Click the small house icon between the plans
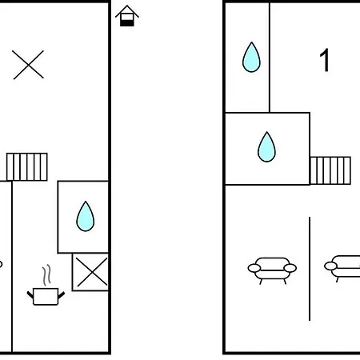click(127, 16)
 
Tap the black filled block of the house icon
click(127, 23)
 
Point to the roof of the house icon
click(127, 11)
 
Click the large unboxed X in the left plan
click(28, 65)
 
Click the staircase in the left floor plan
click(27, 167)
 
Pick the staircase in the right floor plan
click(330, 170)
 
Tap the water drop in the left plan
click(86, 216)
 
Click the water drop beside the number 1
click(251, 57)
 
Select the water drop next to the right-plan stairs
click(266, 146)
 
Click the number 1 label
click(325, 60)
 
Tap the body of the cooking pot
click(46, 296)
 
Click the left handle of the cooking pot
click(30, 295)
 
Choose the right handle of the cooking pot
click(62, 295)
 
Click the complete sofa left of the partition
click(272, 270)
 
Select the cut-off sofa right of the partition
click(342, 269)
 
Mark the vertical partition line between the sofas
click(310, 269)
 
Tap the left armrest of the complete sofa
click(254, 268)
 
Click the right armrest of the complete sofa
click(290, 268)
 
